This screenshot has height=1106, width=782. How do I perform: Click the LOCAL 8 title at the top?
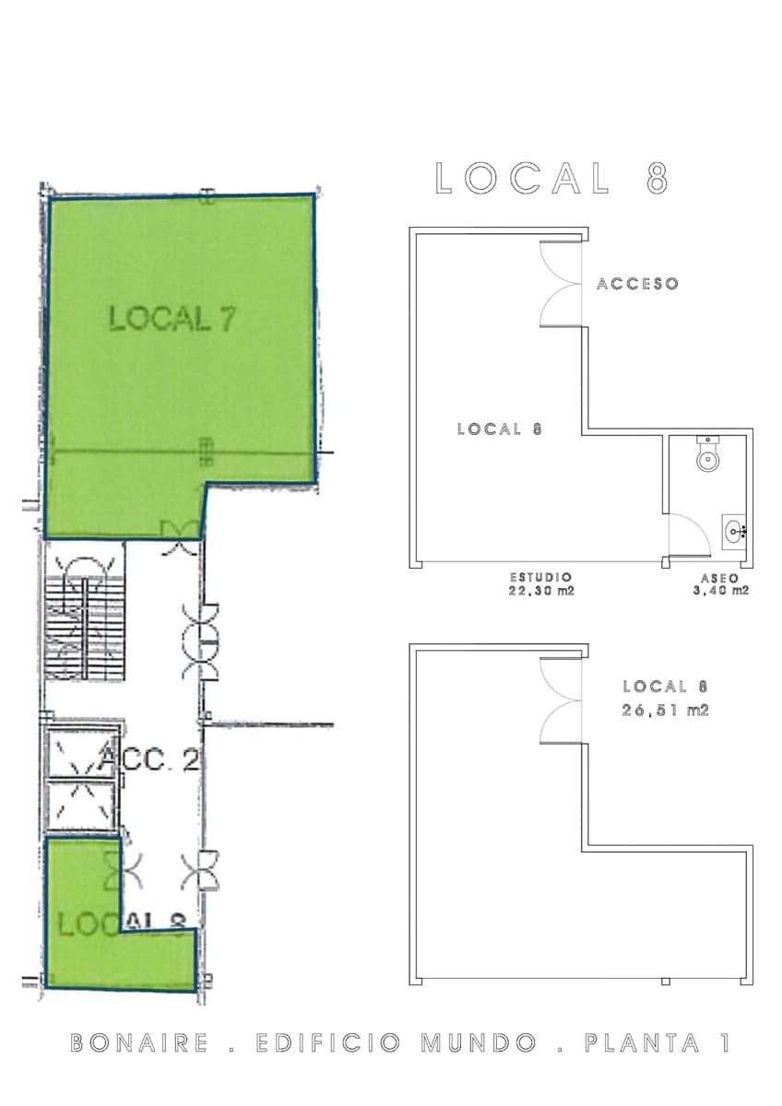[x=551, y=178]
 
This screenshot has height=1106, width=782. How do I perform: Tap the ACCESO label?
[x=637, y=284]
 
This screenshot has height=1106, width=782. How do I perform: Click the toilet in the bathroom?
[x=707, y=456]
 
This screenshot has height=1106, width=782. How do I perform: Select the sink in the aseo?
[x=735, y=530]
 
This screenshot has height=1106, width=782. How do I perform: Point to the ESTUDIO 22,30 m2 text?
[x=540, y=584]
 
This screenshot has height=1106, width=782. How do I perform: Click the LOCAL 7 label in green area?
[x=172, y=319]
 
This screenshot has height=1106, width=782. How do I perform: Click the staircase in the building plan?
[x=83, y=613]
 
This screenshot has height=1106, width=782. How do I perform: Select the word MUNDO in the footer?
[x=479, y=1043]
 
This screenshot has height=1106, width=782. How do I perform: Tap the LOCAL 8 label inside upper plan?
[x=498, y=429]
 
